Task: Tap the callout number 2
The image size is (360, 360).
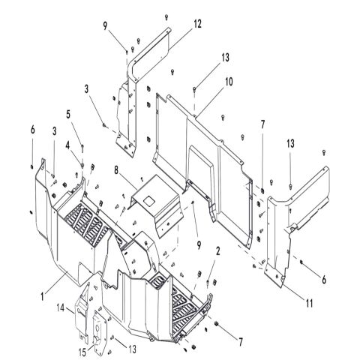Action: pos(218,251)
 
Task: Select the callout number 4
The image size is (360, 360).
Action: pos(67,145)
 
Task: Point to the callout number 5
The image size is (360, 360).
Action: pos(68,115)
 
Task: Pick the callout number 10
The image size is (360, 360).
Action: pos(229,82)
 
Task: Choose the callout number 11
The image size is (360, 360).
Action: pos(310,304)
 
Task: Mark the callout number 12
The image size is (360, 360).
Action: pos(197,24)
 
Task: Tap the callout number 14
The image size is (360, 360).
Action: pos(61,307)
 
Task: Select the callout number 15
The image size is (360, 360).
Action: pos(82,352)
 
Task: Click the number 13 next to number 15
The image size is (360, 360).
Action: pos(133,349)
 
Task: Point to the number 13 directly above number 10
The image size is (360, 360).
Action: pos(225,58)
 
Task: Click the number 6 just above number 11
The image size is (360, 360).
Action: pos(324,280)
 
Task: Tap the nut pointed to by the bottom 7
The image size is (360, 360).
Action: pos(217,324)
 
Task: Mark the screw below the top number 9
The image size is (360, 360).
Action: pos(127,52)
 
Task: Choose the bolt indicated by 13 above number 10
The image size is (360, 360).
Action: pos(194,89)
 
